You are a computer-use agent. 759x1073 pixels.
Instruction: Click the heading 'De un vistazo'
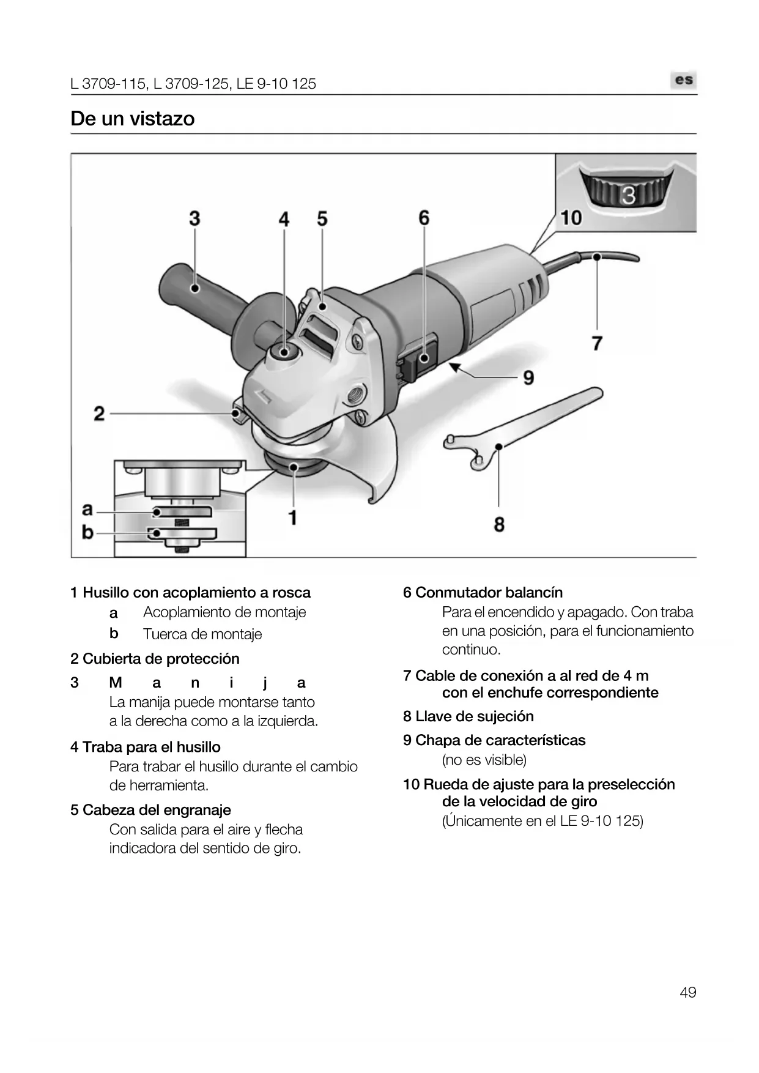132,118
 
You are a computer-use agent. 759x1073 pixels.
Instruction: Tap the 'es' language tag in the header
684,80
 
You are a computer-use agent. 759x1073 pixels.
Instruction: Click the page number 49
687,992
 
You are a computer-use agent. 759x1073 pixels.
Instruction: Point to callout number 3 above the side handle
194,218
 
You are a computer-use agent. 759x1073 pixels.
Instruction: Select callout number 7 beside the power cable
597,343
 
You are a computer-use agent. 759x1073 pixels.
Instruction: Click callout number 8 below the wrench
499,524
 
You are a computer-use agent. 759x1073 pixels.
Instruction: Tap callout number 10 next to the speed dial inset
571,217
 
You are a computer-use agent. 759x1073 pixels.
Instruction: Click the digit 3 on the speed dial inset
628,196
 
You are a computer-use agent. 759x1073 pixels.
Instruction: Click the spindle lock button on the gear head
284,352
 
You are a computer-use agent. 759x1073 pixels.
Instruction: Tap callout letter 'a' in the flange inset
88,509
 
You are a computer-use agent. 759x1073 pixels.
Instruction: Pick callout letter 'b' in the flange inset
88,532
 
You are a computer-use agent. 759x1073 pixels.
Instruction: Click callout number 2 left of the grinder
99,414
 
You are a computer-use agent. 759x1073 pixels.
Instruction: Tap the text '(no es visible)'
484,760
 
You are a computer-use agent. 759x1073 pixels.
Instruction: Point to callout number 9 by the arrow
528,377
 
